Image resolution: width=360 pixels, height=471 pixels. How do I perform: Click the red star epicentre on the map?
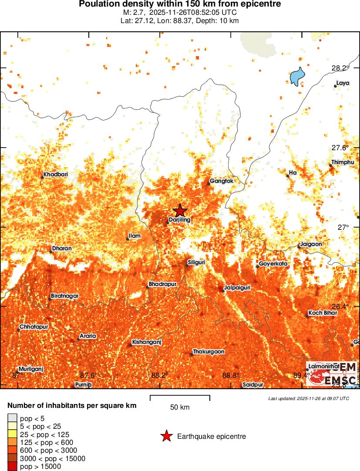pos(180,211)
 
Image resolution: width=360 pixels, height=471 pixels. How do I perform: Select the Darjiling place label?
pos(180,220)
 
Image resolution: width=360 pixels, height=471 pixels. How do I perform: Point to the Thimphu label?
pos(343,162)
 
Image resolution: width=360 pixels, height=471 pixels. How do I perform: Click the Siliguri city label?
pos(196,262)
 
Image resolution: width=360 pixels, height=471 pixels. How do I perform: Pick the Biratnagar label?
pos(65,296)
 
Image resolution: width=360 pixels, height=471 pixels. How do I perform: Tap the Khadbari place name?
pos(55,175)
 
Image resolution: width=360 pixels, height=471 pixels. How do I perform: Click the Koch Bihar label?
pos(323,313)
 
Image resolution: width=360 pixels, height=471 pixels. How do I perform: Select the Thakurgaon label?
pos(209,351)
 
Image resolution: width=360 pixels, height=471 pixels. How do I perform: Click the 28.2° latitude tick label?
pos(340,68)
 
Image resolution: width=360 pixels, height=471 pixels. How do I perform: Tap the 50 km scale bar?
pos(180,398)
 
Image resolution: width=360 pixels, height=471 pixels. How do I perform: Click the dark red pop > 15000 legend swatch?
pos(12,467)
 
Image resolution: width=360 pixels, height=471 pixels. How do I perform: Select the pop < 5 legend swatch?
pos(12,418)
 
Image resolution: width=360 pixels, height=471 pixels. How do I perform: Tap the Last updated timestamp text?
pos(308,398)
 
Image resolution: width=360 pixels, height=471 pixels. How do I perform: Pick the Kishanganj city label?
pos(147,342)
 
